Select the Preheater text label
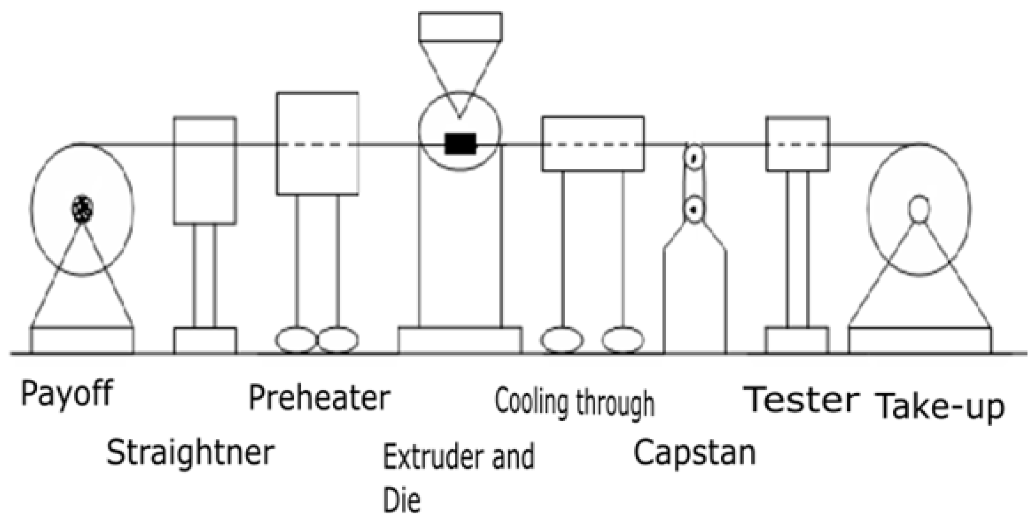click(x=319, y=398)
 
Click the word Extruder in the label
click(x=431, y=457)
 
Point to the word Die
click(x=401, y=501)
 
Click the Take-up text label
click(x=941, y=407)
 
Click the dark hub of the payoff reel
click(x=83, y=208)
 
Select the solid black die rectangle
click(x=460, y=144)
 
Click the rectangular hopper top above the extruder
click(x=460, y=27)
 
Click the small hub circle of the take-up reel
click(x=919, y=208)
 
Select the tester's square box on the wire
click(x=797, y=143)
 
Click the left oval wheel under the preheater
click(x=296, y=340)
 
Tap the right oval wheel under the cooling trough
click(x=623, y=340)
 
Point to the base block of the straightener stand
click(x=205, y=340)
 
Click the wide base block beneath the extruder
click(x=460, y=340)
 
